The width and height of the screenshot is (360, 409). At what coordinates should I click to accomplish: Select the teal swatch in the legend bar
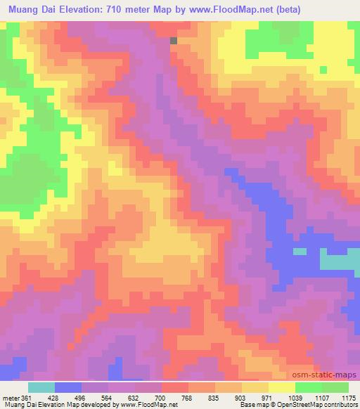41,387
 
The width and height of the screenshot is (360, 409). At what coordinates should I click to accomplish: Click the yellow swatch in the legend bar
255,387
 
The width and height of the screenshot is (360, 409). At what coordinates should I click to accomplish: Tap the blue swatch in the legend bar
68,387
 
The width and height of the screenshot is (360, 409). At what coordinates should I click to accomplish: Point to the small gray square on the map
174,41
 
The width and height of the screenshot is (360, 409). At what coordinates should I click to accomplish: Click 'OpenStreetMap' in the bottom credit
305,405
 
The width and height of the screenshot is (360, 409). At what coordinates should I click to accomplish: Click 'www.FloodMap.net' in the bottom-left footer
148,405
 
